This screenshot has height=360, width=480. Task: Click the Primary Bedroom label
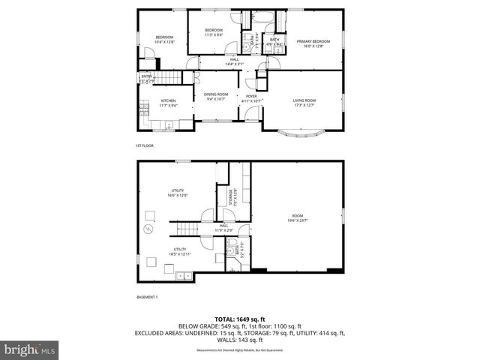[x=313, y=43]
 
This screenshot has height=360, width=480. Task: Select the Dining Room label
[x=215, y=97]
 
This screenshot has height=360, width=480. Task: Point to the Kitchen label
[x=168, y=103]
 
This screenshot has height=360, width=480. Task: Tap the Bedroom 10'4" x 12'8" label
[x=164, y=40]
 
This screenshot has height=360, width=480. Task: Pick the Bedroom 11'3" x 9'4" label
[x=214, y=32]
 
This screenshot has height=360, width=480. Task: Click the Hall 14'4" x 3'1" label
[x=235, y=61]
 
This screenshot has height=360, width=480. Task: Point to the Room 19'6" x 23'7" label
[x=298, y=219]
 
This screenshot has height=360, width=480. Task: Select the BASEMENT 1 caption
[x=147, y=298]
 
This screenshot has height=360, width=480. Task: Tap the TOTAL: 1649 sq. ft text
[x=239, y=319]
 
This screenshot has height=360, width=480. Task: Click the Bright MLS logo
[x=29, y=349]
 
